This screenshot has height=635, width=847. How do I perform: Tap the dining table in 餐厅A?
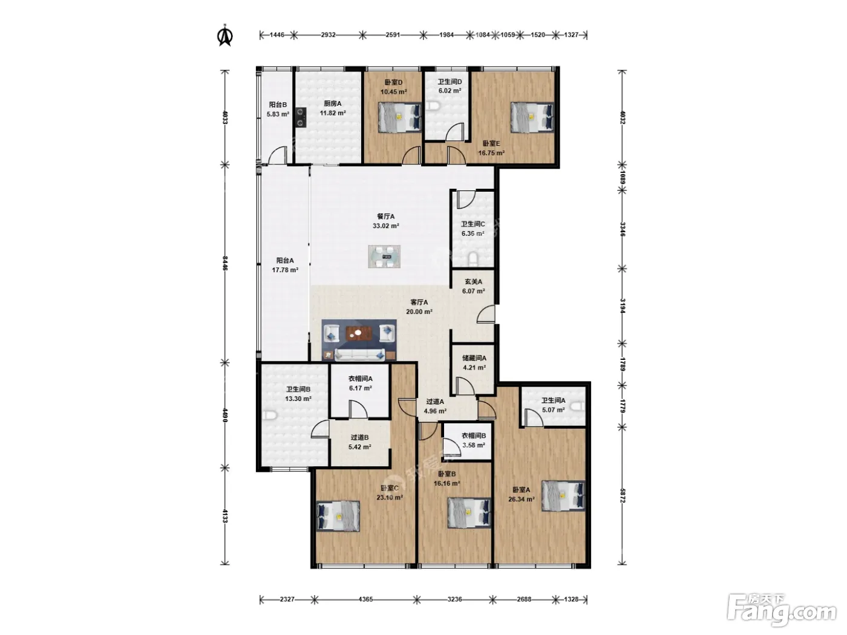(x=384, y=256)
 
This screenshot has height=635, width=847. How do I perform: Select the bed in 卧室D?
(x=400, y=117)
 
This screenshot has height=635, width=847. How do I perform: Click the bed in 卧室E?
(x=532, y=117)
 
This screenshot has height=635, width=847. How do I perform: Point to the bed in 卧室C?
(x=338, y=516)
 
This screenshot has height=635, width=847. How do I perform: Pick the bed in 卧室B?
(x=469, y=513)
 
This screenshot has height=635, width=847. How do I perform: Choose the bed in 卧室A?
(x=563, y=496)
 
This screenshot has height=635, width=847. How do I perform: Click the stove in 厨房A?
(x=301, y=117)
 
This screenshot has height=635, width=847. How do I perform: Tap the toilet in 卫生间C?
(x=474, y=259)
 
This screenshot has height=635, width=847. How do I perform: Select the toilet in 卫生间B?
(x=269, y=415)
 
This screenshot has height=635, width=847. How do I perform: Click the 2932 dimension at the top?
(x=328, y=35)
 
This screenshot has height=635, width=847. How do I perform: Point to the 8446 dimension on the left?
(x=225, y=263)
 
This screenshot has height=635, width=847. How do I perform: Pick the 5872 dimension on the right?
(x=623, y=495)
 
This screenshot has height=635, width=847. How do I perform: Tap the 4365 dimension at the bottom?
(x=365, y=599)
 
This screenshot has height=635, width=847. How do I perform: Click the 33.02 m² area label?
(x=386, y=226)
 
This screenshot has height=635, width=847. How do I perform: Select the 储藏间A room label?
(x=474, y=358)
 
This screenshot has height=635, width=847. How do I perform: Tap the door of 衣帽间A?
(x=358, y=409)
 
